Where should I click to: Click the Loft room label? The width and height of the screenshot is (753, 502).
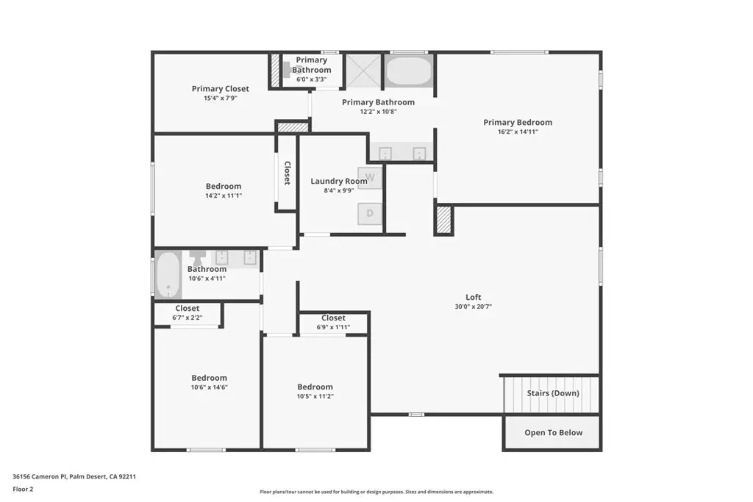pos(473,297)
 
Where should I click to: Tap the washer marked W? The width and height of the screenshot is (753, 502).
pos(370,178)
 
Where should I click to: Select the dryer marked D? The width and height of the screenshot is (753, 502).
pos(370,214)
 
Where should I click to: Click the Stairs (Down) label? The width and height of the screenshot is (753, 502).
pos(553,393)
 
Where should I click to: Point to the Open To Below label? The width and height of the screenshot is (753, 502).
pos(553,432)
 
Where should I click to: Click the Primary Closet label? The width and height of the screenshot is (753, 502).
pos(221,89)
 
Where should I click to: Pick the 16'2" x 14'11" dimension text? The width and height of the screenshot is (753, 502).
pos(518,132)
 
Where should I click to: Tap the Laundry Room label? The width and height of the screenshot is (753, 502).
pos(339,181)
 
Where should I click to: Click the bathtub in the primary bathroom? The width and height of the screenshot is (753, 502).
pos(409,71)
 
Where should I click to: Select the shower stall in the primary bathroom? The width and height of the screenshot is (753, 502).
pos(363,71)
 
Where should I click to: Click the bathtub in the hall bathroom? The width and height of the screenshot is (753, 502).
pos(168,275)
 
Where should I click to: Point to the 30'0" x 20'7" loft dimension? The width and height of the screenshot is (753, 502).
pos(473,306)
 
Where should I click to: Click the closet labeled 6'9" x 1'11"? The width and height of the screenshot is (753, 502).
pos(333,322)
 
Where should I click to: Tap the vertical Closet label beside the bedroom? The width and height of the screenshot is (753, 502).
pos(288,173)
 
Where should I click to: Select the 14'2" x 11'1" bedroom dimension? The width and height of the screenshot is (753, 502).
pos(224,196)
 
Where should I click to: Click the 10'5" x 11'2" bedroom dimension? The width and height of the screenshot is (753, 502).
pos(315,396)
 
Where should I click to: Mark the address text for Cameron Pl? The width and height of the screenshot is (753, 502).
pos(74,476)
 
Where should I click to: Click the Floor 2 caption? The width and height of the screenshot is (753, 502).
pos(23,489)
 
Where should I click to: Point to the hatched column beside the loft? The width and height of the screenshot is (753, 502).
pos(444,220)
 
